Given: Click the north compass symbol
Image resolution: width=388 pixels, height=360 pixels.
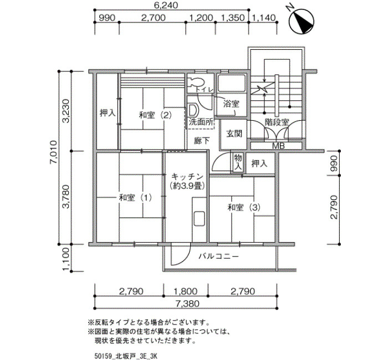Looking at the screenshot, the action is pyautogui.click(x=302, y=21).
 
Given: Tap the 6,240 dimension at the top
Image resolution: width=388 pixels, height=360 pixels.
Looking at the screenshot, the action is pyautogui.click(x=166, y=5).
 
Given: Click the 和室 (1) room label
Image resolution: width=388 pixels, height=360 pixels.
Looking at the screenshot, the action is pyautogui.click(x=135, y=198).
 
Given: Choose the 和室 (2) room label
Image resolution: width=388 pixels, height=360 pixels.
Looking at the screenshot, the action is pyautogui.click(x=155, y=115).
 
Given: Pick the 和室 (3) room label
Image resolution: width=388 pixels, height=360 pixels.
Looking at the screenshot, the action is pyautogui.click(x=244, y=207).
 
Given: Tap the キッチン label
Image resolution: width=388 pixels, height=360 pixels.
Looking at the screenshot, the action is pyautogui.click(x=187, y=177).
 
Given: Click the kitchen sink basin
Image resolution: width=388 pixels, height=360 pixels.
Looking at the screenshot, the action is pyautogui.click(x=199, y=219).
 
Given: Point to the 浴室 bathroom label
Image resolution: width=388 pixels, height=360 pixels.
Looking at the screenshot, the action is pyautogui.click(x=231, y=104).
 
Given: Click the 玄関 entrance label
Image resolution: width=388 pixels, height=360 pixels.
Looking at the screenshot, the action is pyautogui.click(x=234, y=134).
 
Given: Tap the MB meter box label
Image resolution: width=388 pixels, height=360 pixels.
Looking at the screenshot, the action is pyautogui.click(x=278, y=146).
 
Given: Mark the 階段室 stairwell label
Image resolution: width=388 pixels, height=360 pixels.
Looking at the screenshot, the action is pyautogui.click(x=277, y=122).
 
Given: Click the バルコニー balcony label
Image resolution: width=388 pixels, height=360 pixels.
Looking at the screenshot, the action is pyautogui.click(x=219, y=256).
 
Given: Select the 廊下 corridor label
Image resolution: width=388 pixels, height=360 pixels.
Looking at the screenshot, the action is pyautogui.click(x=202, y=141).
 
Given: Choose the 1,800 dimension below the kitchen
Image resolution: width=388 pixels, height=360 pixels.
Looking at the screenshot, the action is pyautogui.click(x=186, y=291).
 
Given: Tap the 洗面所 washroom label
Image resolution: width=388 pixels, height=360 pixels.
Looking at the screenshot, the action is pyautogui.click(x=201, y=122).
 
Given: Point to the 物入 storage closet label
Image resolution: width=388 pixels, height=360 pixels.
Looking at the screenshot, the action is pyautogui.click(x=238, y=162).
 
